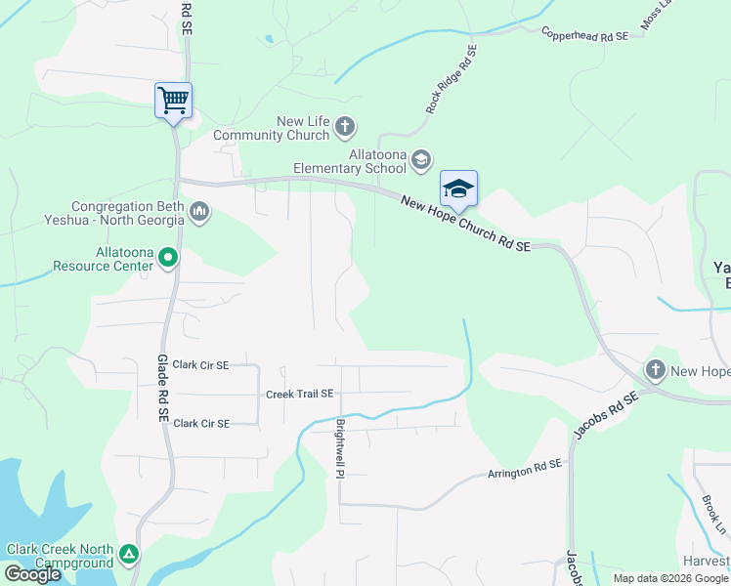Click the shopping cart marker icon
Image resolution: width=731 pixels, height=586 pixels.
click(173, 101)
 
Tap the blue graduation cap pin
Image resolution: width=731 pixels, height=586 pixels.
click(458, 188)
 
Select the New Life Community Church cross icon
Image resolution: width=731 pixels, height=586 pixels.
click(344, 126)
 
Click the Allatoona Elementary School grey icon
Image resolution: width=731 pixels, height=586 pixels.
click(421, 159)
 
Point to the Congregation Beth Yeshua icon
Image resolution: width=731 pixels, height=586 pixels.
click(199, 212)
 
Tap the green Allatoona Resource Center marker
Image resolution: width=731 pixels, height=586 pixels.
click(168, 258)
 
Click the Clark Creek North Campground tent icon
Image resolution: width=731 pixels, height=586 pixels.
click(129, 555)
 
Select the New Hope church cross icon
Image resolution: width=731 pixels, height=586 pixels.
click(655, 370)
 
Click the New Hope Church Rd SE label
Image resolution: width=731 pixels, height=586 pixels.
click(465, 224)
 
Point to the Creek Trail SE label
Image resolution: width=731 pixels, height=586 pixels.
click(300, 394)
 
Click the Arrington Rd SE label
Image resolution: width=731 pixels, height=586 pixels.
click(526, 471)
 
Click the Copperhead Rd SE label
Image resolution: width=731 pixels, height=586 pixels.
click(584, 35)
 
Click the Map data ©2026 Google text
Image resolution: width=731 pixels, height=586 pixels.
click(669, 578)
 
